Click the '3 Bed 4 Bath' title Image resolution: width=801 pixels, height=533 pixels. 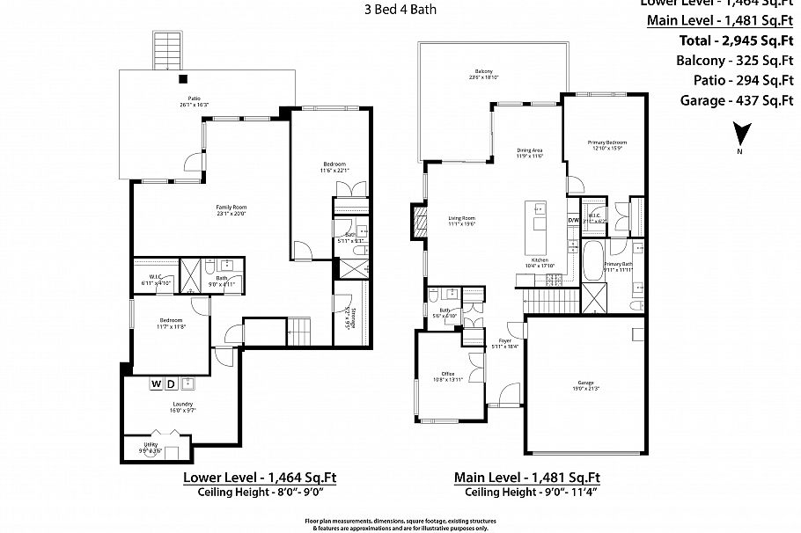pyautogui.click(x=400, y=11)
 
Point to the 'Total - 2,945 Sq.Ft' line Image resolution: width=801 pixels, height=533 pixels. pyautogui.click(x=737, y=40)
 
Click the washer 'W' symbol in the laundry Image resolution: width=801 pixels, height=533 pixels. pyautogui.click(x=156, y=383)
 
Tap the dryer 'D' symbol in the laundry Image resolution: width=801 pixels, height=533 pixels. pyautogui.click(x=171, y=383)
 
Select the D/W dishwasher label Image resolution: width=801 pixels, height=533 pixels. pyautogui.click(x=572, y=220)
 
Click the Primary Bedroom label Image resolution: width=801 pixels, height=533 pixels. pyautogui.click(x=607, y=144)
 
